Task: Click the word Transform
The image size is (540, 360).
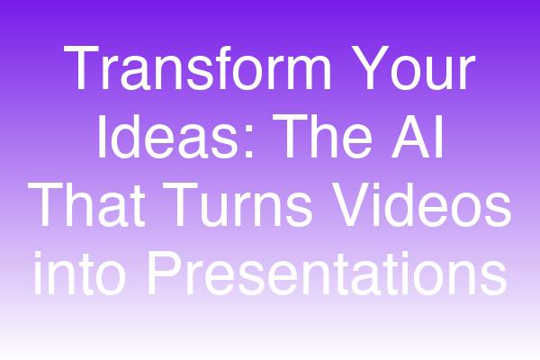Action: pos(197,67)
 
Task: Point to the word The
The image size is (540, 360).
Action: pos(322,136)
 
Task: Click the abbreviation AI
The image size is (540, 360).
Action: pos(417,136)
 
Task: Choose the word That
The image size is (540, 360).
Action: pos(86,204)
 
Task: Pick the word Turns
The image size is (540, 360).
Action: pos(238,204)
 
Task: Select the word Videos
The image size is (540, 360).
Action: pos(421,204)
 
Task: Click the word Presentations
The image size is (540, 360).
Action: pos(328,273)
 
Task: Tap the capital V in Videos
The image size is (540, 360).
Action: pos(352,204)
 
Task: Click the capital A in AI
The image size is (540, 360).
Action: pos(411,136)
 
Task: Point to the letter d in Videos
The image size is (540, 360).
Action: pos(404,204)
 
